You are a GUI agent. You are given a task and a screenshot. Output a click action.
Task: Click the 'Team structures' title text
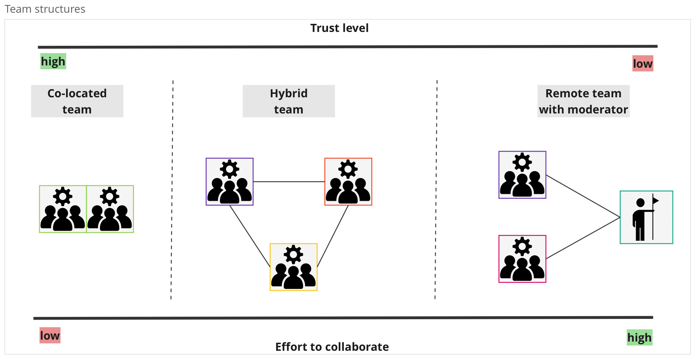45,9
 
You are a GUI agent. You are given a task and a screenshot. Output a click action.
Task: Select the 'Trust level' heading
339,28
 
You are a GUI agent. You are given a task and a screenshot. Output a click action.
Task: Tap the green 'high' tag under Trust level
53,62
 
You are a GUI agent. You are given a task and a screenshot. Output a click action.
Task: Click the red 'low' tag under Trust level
643,64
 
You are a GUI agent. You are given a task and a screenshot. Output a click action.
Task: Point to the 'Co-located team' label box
77,101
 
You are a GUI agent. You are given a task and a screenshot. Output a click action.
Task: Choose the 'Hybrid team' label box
288,101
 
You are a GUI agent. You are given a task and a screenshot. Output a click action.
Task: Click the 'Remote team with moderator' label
583,101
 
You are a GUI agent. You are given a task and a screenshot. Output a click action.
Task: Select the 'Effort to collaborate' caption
332,347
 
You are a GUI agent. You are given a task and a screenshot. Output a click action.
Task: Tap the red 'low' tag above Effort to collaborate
50,335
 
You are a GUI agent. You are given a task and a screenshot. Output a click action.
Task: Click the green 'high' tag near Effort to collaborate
639,337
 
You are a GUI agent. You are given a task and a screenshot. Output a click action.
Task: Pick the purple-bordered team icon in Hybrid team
230,182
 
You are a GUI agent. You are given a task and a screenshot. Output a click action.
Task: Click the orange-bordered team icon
348,182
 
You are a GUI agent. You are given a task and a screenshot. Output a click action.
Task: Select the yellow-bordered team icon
293,267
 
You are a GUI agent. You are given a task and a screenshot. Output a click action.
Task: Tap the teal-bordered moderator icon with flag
646,217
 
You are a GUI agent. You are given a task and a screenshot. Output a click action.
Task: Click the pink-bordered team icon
522,259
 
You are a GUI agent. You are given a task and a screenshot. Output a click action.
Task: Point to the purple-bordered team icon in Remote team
522,175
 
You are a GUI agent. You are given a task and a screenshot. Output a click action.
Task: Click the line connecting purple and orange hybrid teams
289,182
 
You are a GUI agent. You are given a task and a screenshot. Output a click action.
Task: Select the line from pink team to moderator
583,238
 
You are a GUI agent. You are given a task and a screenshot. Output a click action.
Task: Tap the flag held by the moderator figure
656,200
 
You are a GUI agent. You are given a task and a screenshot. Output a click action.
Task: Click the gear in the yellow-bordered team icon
293,254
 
